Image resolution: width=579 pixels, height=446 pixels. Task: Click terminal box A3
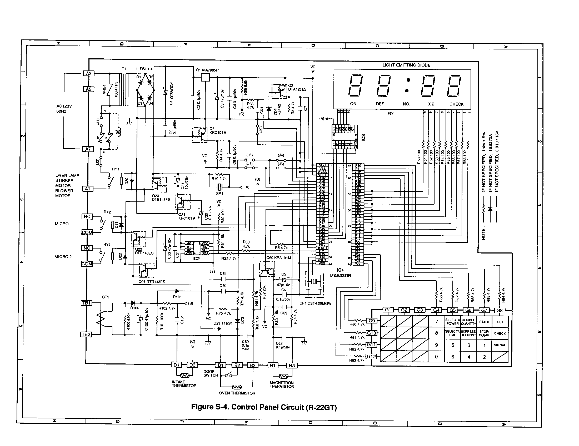tap(88, 73)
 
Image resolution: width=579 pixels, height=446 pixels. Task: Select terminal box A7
tap(88, 149)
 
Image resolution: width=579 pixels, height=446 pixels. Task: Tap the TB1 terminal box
tap(86, 303)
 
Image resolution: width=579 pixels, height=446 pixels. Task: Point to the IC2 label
tap(196, 259)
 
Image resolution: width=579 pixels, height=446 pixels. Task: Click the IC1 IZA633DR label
tap(340, 272)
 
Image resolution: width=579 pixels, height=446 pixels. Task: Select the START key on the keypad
tap(484, 322)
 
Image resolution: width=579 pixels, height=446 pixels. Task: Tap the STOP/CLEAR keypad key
tap(484, 333)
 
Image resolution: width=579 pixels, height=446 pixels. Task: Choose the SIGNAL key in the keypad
tap(500, 345)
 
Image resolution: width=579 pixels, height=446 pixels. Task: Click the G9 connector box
tap(372, 321)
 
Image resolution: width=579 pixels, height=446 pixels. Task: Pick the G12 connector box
tap(371, 357)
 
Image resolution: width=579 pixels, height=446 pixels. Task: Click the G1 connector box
tap(388, 310)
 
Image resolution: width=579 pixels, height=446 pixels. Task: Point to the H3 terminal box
tap(292, 366)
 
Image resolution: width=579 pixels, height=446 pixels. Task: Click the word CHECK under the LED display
tap(456, 104)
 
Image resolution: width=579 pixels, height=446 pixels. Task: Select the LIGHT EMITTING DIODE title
tap(406, 65)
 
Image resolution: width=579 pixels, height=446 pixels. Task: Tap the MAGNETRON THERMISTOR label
tap(282, 384)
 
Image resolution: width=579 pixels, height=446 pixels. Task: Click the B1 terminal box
tap(221, 365)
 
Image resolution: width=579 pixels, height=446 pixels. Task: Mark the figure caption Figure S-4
tap(264, 407)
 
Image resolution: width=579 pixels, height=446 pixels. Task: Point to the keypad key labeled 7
tap(437, 322)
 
